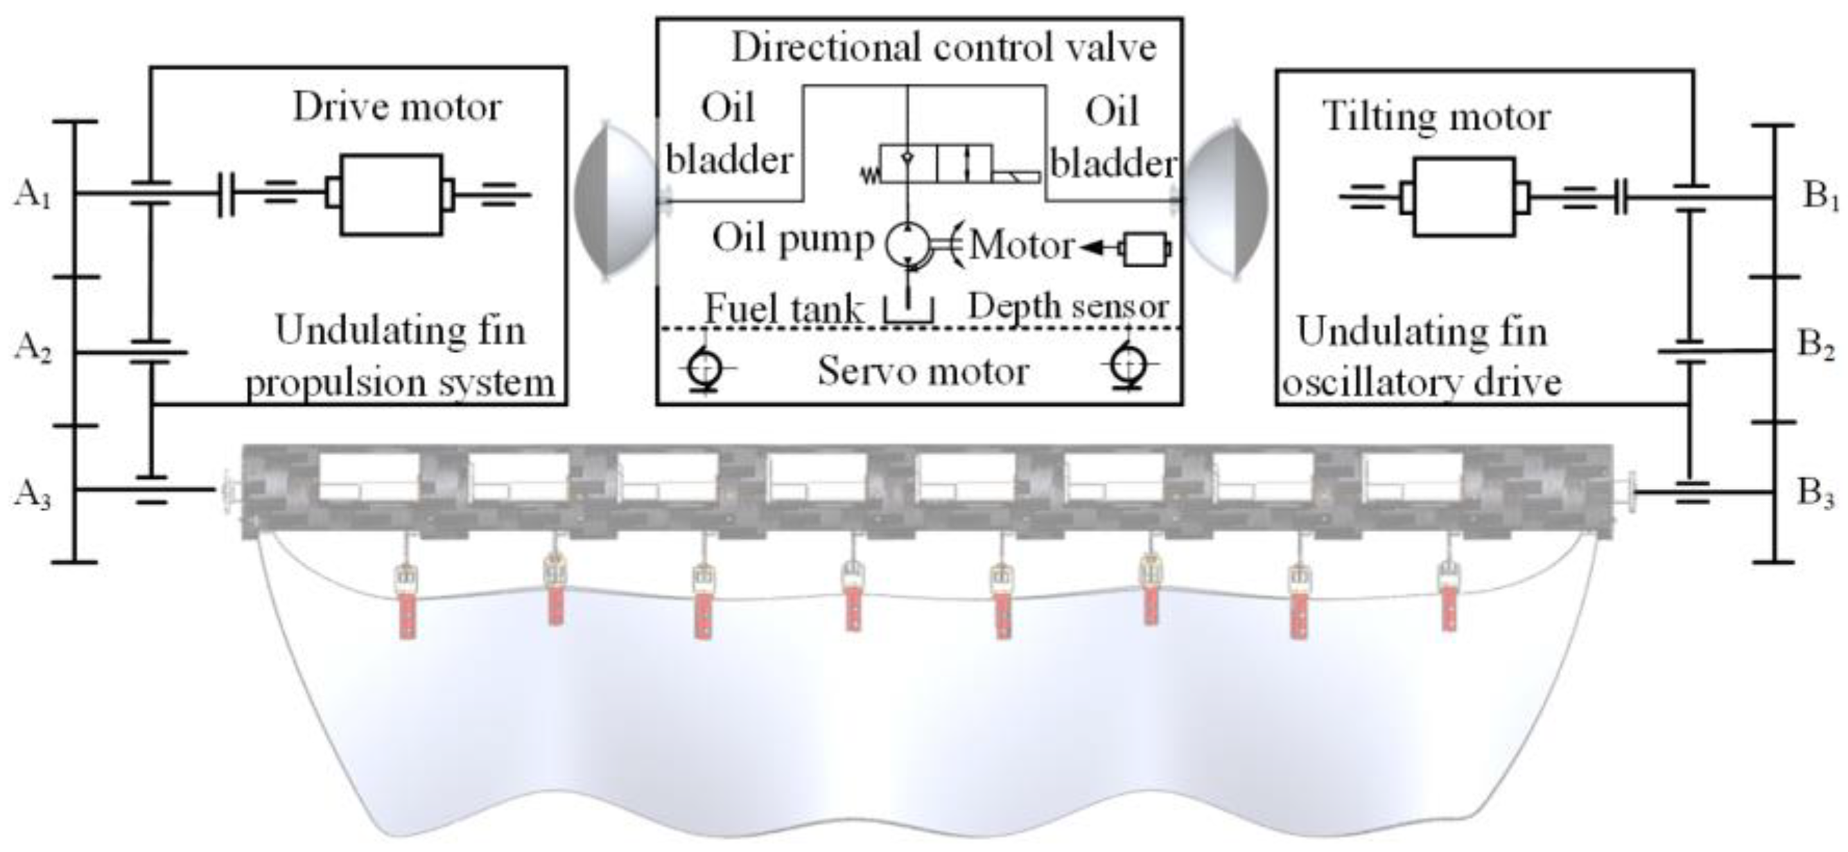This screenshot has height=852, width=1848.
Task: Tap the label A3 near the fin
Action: point(33,493)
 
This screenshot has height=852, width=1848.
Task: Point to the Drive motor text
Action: point(396,107)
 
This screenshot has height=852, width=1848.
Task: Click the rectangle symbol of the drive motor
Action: point(391,195)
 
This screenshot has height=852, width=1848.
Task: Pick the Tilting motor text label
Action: point(1436,116)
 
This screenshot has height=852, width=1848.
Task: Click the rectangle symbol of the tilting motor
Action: point(1464,197)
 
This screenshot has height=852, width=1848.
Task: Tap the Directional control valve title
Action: point(944,47)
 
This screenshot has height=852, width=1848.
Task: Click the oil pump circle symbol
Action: point(907,245)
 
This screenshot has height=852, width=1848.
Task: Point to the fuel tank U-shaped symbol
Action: point(908,310)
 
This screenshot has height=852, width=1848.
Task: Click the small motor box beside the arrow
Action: point(1146,249)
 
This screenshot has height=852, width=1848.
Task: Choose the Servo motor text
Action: point(923,371)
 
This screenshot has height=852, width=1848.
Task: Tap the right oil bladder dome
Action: point(1226,201)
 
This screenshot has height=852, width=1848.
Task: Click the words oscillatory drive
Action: point(1422,382)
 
